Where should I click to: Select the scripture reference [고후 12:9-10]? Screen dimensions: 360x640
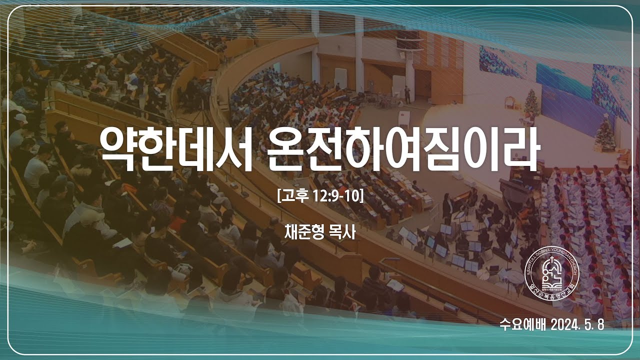tap(320, 195)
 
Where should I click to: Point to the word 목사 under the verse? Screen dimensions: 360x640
tap(342, 232)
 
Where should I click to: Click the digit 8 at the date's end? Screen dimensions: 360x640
tap(600, 324)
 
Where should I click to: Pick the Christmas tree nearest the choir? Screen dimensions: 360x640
tap(605, 132)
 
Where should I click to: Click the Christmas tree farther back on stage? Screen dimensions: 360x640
tap(531, 104)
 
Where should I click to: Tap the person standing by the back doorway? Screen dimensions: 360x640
tap(407, 94)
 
